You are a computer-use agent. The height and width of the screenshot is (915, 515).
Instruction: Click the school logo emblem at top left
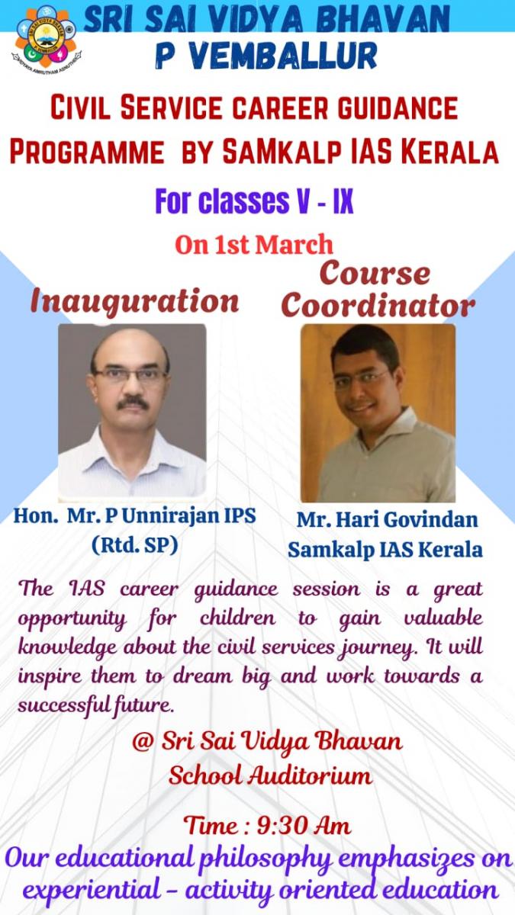click(x=47, y=40)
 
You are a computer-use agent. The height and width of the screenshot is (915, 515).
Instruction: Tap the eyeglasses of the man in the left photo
click(x=130, y=374)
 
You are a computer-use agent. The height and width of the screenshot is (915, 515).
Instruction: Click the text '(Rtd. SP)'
click(x=135, y=545)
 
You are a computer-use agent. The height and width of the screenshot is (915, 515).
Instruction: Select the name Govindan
click(x=431, y=520)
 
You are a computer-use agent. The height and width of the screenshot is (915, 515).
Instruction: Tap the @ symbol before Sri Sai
click(x=142, y=743)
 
